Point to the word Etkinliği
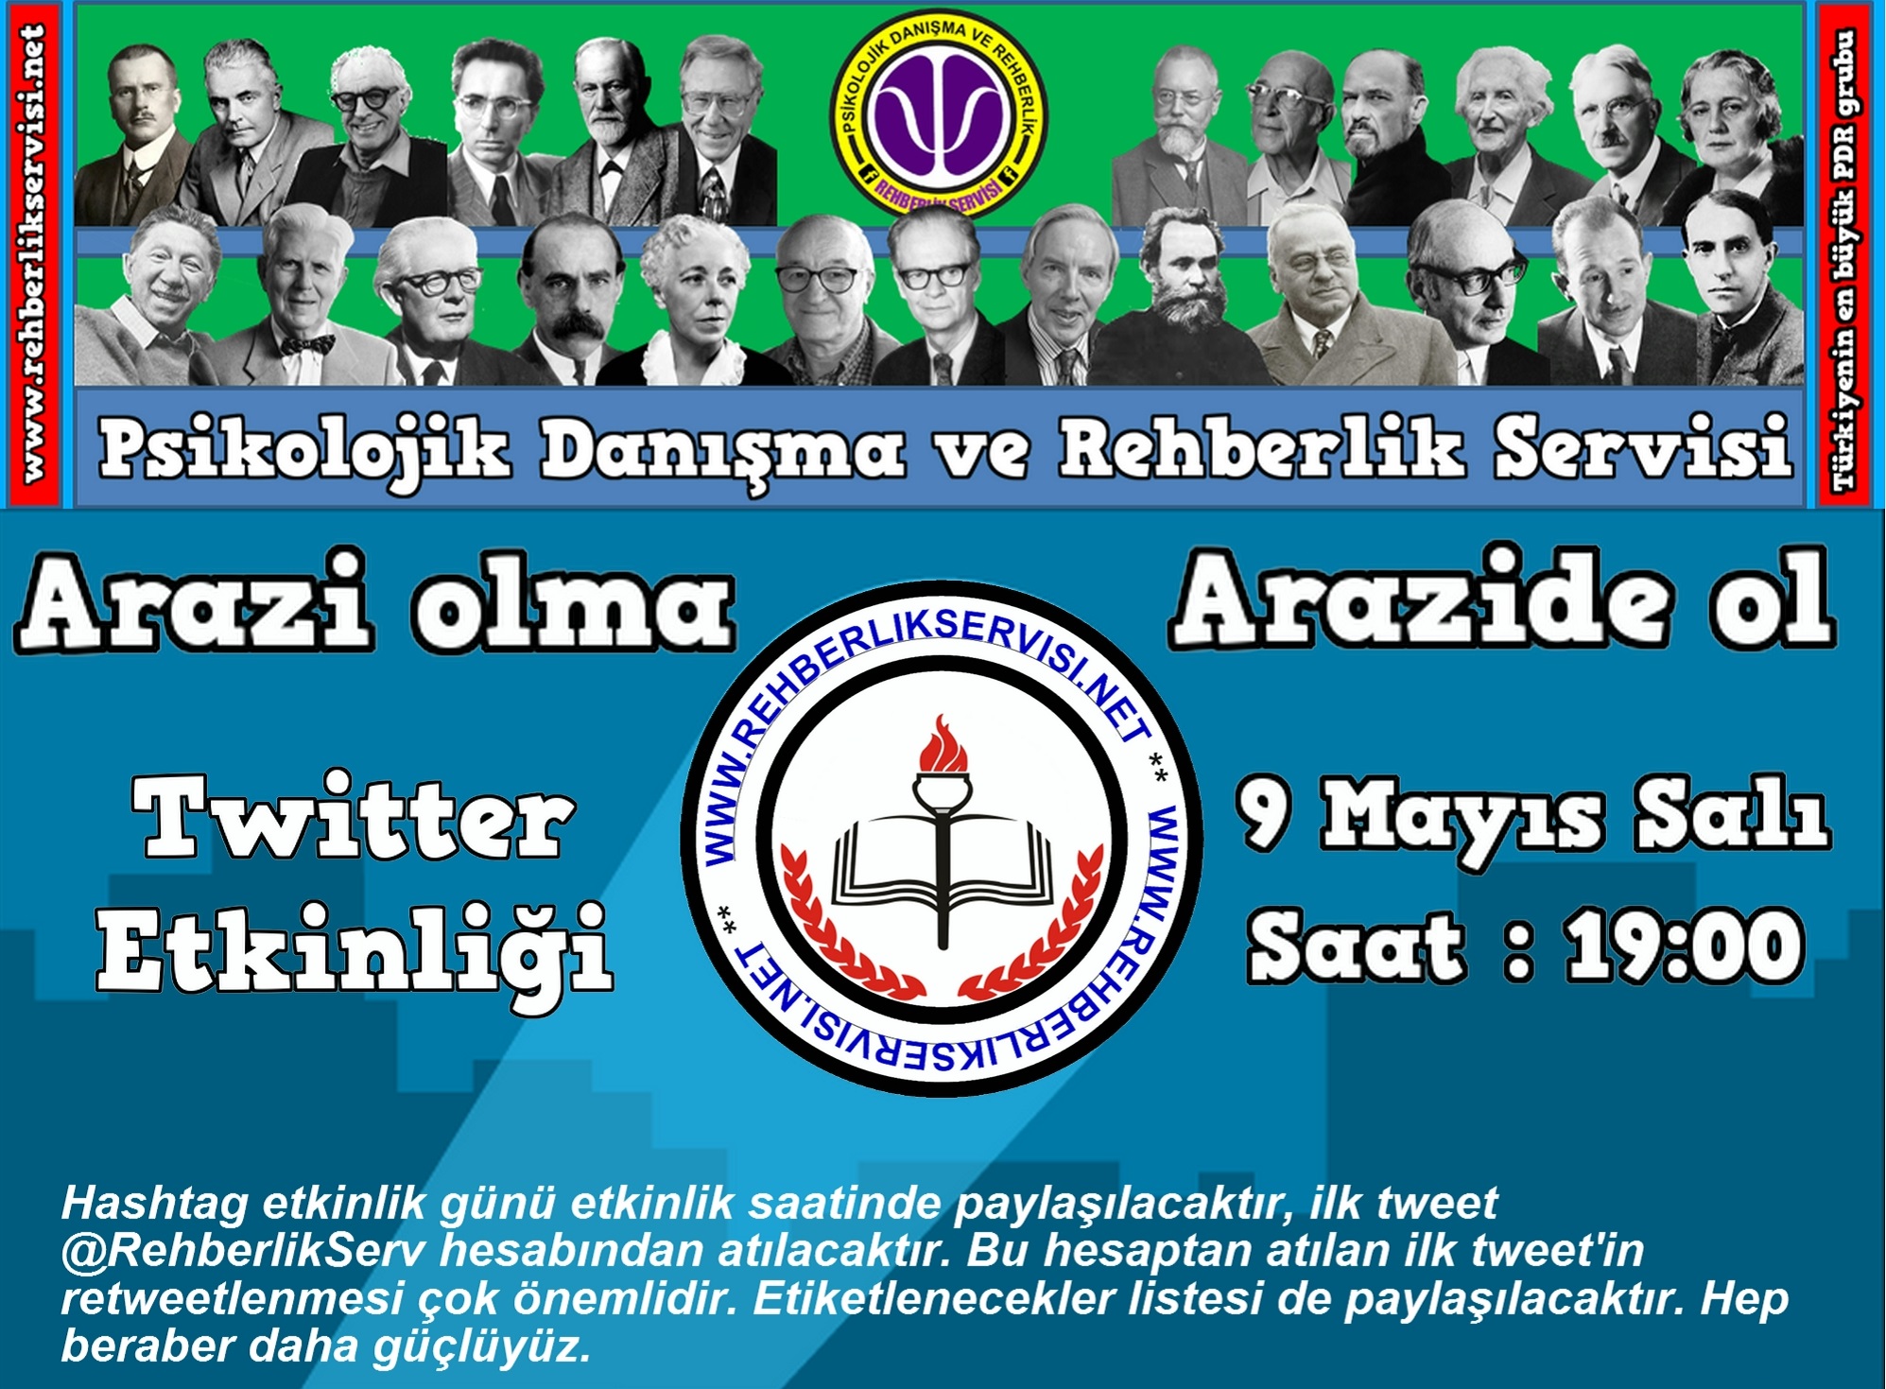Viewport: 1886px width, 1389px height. pyautogui.click(x=355, y=948)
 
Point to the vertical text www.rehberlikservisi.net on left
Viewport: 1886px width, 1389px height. pyautogui.click(x=34, y=253)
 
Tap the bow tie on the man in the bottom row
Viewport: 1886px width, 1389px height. pyautogui.click(x=307, y=345)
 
